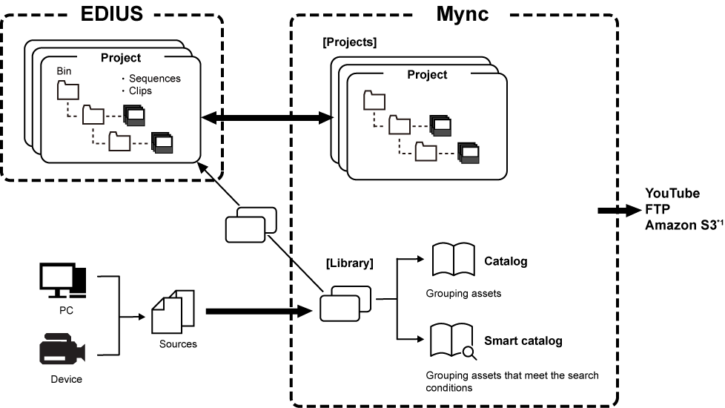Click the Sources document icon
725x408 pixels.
pyautogui.click(x=172, y=311)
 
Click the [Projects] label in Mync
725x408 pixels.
pyautogui.click(x=349, y=42)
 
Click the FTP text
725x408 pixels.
pyautogui.click(x=658, y=208)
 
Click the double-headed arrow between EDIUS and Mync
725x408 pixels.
pyautogui.click(x=267, y=117)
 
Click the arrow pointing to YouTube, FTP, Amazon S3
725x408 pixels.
pyautogui.click(x=619, y=210)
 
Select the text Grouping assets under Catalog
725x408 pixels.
pyautogui.click(x=463, y=293)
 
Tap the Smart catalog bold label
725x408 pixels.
pyautogui.click(x=523, y=341)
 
